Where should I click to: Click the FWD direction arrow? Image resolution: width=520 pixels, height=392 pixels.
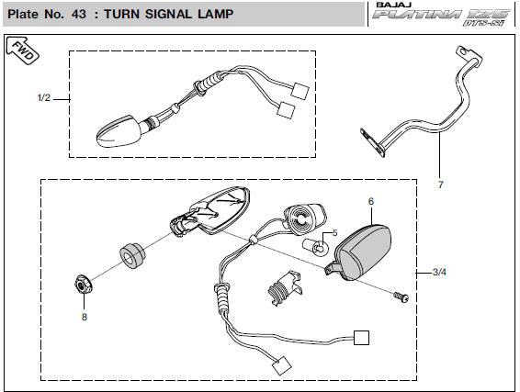tap(23, 50)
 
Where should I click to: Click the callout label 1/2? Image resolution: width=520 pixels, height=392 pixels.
tap(44, 97)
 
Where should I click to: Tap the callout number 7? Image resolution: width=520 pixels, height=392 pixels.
tap(440, 185)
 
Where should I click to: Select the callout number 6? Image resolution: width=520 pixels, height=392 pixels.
tap(371, 201)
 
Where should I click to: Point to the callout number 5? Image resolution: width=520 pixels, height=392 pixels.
tap(334, 233)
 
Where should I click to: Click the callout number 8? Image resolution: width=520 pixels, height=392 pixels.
tap(85, 317)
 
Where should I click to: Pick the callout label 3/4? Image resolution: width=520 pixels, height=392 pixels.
tap(439, 272)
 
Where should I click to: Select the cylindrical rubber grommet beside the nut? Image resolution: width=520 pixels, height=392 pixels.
tap(132, 255)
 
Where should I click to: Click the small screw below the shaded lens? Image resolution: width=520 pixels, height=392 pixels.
tap(401, 297)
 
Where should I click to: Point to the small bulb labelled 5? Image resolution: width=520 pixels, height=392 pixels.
tap(315, 247)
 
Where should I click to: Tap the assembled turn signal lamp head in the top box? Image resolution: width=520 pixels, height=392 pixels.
tap(119, 131)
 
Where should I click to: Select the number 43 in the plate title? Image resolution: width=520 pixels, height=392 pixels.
tap(79, 14)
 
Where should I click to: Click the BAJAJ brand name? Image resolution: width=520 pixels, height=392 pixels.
tap(394, 5)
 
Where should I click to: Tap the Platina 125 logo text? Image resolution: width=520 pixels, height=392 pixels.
tap(441, 16)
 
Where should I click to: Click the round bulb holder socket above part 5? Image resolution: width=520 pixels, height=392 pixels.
tap(304, 218)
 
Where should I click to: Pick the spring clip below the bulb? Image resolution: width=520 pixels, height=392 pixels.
tap(285, 287)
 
